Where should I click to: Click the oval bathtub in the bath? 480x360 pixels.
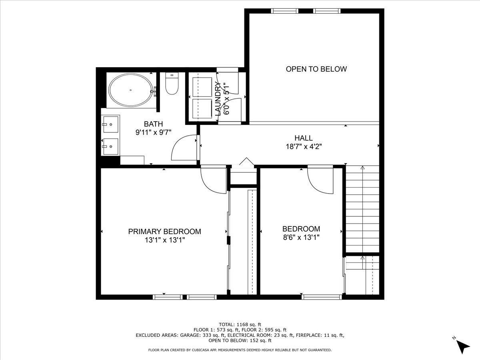click(131, 90)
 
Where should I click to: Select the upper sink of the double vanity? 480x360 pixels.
click(110, 124)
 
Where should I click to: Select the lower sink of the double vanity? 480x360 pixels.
click(110, 147)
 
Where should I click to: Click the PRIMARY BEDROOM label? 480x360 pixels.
click(164, 232)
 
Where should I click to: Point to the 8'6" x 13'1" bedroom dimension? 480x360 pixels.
click(301, 237)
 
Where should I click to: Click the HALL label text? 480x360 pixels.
click(304, 138)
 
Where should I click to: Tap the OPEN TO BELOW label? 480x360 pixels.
click(316, 69)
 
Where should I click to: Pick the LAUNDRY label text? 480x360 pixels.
click(218, 99)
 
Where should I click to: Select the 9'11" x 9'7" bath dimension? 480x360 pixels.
click(153, 132)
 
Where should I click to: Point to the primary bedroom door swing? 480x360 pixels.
click(214, 180)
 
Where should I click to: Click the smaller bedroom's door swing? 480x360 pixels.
click(320, 180)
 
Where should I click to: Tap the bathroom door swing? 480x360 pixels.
click(184, 148)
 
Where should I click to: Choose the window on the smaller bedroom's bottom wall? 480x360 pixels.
click(322, 297)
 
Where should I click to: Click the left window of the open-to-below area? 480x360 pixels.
click(284, 11)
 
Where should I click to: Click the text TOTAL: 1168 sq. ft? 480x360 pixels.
click(240, 324)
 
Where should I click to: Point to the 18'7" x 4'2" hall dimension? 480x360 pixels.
click(304, 146)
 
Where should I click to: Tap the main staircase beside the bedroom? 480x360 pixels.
click(362, 210)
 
